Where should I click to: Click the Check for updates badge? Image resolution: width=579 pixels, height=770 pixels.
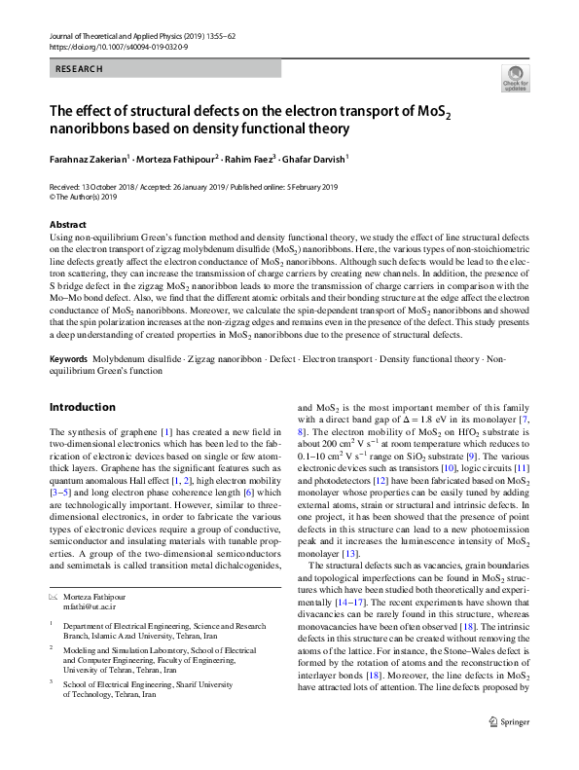pyautogui.click(x=516, y=78)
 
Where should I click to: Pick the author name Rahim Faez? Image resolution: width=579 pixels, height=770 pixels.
pyautogui.click(x=251, y=157)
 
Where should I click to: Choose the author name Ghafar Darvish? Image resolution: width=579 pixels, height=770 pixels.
pyautogui.click(x=318, y=157)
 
